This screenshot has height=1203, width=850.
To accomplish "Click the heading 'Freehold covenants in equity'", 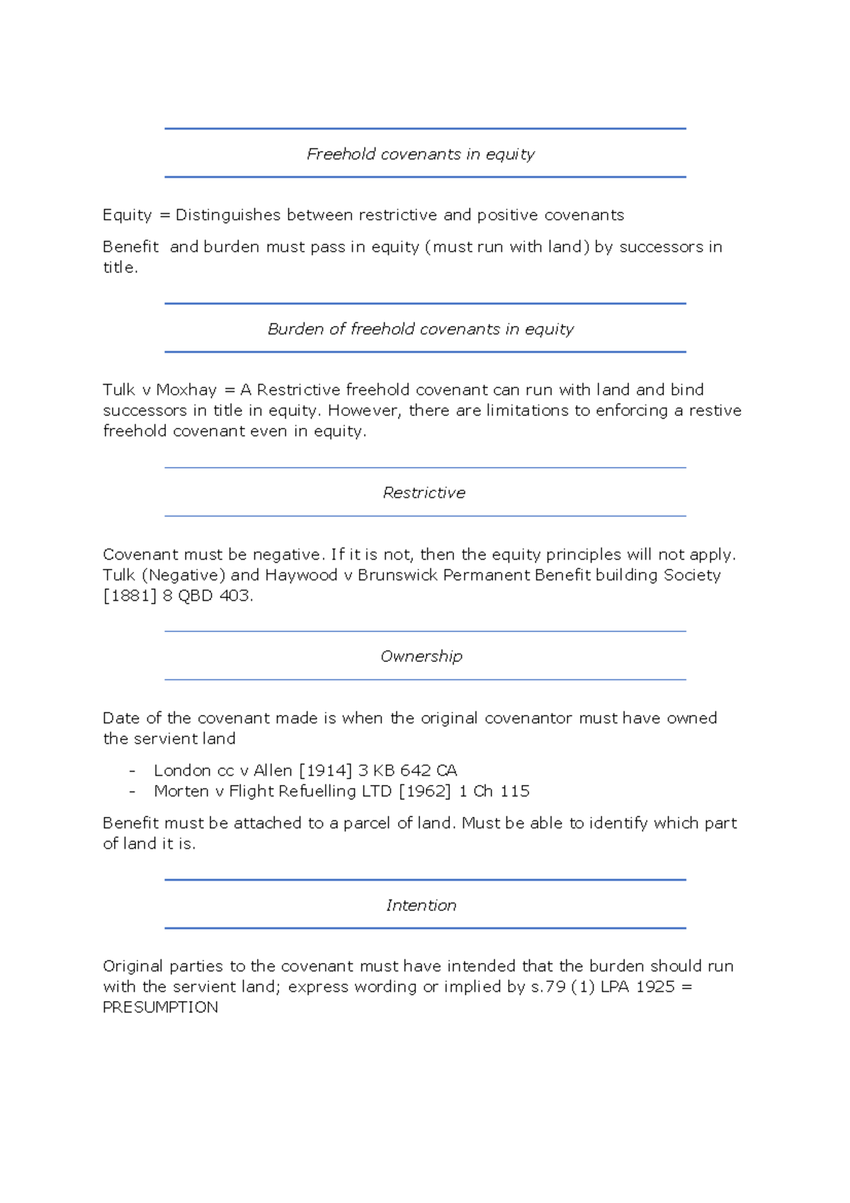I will [x=421, y=154].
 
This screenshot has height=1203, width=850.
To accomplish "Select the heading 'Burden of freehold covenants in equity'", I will [x=421, y=329].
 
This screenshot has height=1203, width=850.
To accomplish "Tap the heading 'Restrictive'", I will [x=424, y=492].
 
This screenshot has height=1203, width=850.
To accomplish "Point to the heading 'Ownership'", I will [x=421, y=656].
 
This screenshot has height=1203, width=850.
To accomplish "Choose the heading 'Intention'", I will [x=421, y=905].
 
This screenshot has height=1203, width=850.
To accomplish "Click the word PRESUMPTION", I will [x=160, y=1007].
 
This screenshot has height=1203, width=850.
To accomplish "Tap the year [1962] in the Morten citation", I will [x=424, y=791].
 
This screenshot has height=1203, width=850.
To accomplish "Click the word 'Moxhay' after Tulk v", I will [x=186, y=390].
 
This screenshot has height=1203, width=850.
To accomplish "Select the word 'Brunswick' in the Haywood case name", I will [x=397, y=575].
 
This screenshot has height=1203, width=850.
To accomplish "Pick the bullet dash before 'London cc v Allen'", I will [x=132, y=770].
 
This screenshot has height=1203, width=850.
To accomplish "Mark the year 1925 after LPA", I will [x=655, y=986].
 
